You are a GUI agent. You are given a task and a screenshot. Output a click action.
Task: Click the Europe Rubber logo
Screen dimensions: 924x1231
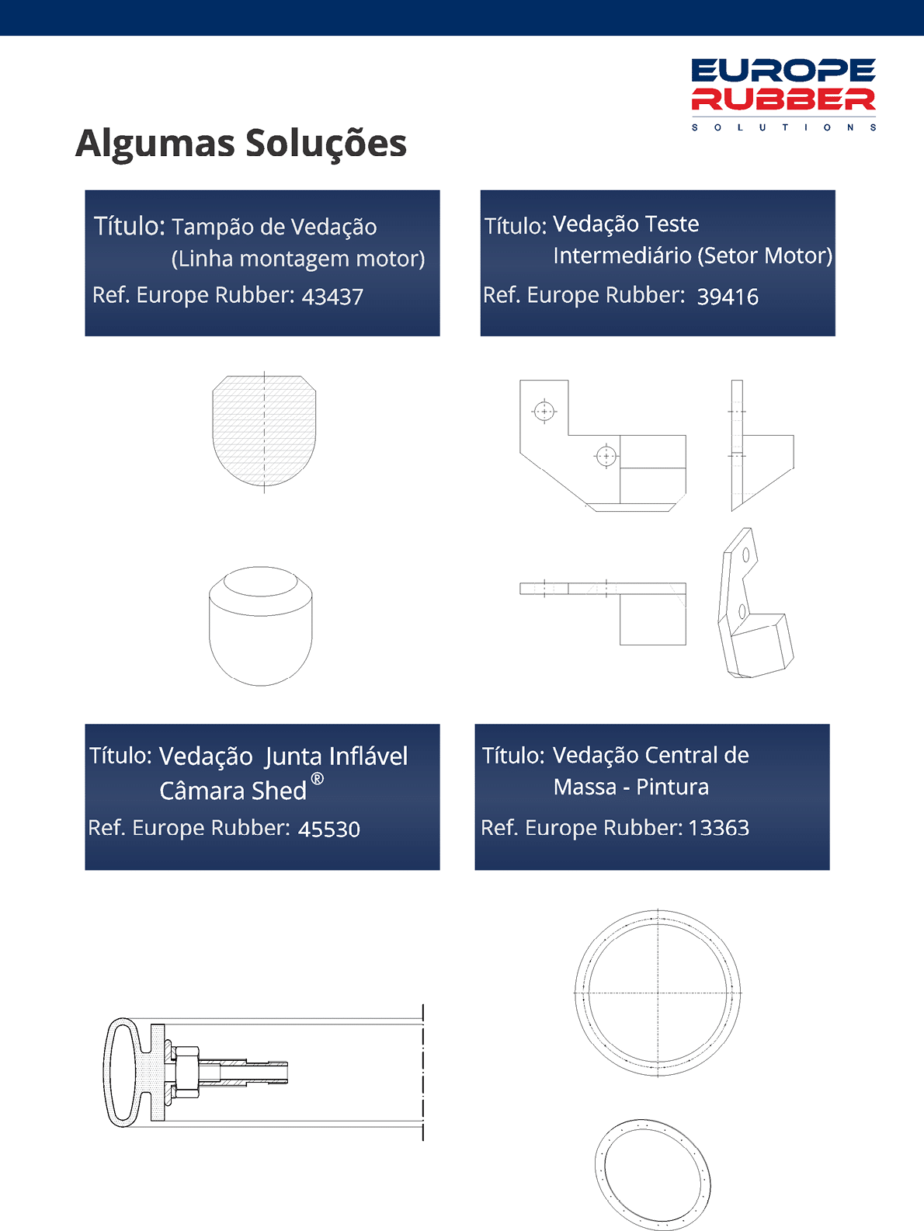(783, 94)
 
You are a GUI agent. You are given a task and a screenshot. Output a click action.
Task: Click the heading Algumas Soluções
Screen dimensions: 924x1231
(241, 144)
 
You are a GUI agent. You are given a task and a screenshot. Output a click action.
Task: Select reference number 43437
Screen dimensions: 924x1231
(332, 297)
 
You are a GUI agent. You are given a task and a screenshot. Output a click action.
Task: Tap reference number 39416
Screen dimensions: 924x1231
(728, 297)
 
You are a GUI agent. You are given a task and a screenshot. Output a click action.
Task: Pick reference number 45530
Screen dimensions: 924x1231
(329, 829)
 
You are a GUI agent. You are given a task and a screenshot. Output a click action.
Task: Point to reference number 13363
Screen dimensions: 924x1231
(719, 828)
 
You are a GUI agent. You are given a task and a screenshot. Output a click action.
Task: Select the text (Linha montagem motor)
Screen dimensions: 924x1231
(298, 259)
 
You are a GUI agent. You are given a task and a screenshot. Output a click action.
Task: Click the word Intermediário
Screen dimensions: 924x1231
(623, 256)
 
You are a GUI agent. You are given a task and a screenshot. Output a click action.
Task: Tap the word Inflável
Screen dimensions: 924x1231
(368, 756)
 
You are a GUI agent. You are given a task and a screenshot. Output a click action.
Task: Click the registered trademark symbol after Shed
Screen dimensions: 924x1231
(318, 778)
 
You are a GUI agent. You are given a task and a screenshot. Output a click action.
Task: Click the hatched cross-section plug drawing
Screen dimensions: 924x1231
(264, 431)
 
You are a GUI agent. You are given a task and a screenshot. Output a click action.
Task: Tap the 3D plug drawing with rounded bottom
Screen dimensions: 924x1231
(261, 626)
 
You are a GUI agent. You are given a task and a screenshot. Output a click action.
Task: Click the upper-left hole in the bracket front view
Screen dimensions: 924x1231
(544, 412)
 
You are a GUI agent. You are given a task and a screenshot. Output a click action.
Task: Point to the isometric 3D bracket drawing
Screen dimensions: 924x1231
(756, 603)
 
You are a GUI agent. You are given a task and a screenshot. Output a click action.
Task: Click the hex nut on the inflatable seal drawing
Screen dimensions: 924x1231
(185, 1072)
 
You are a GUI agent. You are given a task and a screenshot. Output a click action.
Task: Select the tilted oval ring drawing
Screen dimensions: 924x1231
(653, 1174)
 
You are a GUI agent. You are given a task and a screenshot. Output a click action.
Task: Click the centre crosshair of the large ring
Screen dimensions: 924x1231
(658, 993)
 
